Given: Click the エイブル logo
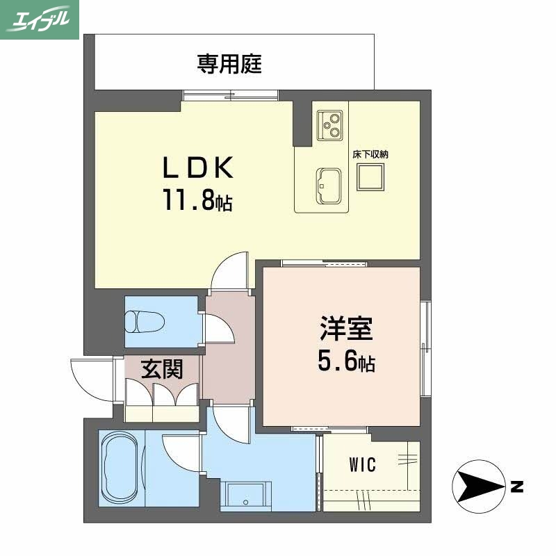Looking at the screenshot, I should (40, 19).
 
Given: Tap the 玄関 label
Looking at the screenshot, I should (162, 369).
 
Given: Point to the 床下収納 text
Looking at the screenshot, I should (370, 154).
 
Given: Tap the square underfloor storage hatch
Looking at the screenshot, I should (370, 179).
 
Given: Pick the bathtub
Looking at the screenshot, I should (122, 467).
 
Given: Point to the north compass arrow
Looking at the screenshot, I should (480, 485).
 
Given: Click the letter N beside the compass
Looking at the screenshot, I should (516, 486).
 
